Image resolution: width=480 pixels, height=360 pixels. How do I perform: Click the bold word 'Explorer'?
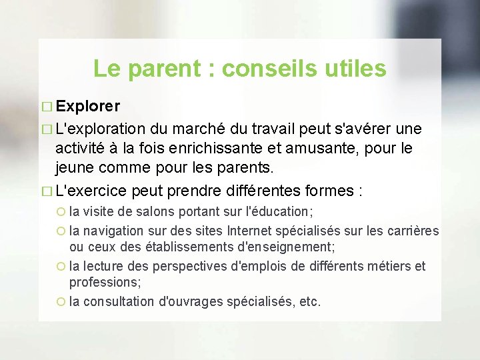(x=89, y=107)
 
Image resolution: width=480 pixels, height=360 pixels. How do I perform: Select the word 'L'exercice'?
(x=91, y=191)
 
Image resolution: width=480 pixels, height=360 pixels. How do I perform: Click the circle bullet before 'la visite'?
(x=61, y=213)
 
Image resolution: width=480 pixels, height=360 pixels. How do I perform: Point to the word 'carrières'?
(x=413, y=231)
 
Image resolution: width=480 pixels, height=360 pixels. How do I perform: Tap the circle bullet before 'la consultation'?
(x=61, y=302)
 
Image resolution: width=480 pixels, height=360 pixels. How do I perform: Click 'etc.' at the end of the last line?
(x=310, y=301)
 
